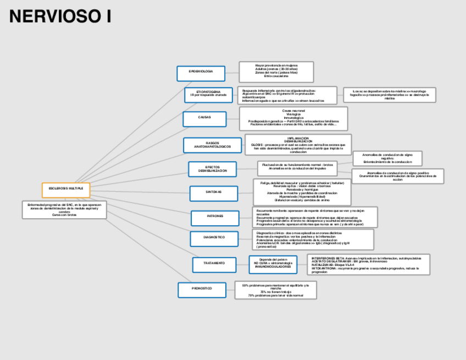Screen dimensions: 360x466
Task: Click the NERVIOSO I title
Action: (60, 16)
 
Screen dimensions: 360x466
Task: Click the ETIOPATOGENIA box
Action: (208, 95)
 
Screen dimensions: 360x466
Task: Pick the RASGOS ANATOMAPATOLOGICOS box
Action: (212, 145)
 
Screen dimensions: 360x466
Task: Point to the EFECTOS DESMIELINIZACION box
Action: (212, 169)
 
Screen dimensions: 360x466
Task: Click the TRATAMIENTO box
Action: (214, 264)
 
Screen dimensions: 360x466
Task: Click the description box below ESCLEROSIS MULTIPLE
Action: (64, 210)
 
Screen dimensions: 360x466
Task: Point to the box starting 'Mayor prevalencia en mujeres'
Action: (276, 72)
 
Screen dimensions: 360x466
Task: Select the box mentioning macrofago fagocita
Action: (389, 95)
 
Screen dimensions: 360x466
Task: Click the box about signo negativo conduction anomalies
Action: (387, 158)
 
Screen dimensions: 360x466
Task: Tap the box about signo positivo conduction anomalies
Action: (398, 176)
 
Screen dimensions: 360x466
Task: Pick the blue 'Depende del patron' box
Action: (273, 264)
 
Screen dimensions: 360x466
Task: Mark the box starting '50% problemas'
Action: (275, 290)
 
